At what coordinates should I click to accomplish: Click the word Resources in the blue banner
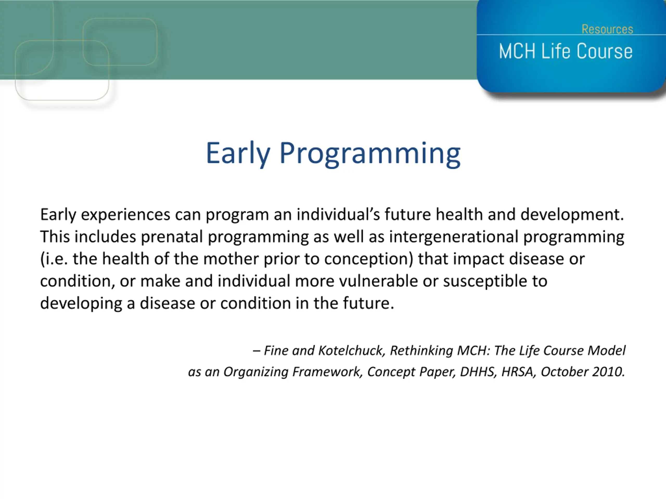[607, 29]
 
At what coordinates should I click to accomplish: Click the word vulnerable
[379, 281]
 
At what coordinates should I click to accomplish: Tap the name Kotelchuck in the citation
[352, 350]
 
